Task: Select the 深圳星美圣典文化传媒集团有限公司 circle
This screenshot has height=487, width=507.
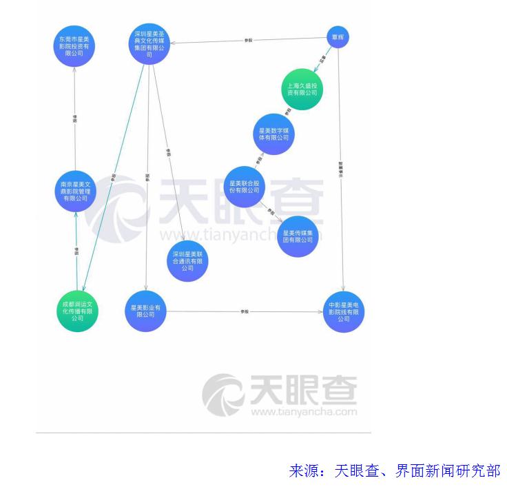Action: [150, 44]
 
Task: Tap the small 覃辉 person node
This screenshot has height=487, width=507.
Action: [338, 37]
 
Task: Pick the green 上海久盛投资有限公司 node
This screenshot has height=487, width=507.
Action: [302, 90]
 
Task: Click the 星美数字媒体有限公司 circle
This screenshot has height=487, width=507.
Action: [273, 134]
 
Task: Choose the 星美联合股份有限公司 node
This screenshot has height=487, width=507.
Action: [245, 187]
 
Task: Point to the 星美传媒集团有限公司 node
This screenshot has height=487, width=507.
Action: [298, 236]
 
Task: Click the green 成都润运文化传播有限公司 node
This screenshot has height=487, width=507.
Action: [77, 311]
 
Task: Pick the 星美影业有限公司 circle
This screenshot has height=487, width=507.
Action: [146, 311]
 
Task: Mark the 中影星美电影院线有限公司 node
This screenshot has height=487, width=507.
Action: [343, 311]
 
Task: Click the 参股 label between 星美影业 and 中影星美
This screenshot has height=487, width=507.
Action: [245, 312]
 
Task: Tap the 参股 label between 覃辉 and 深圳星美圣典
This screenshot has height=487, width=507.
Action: [249, 41]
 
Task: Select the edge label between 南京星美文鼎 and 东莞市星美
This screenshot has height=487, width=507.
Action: [75, 118]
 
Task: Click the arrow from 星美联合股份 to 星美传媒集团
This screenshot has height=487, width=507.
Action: [271, 211]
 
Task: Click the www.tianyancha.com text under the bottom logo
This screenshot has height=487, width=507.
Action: [304, 412]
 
